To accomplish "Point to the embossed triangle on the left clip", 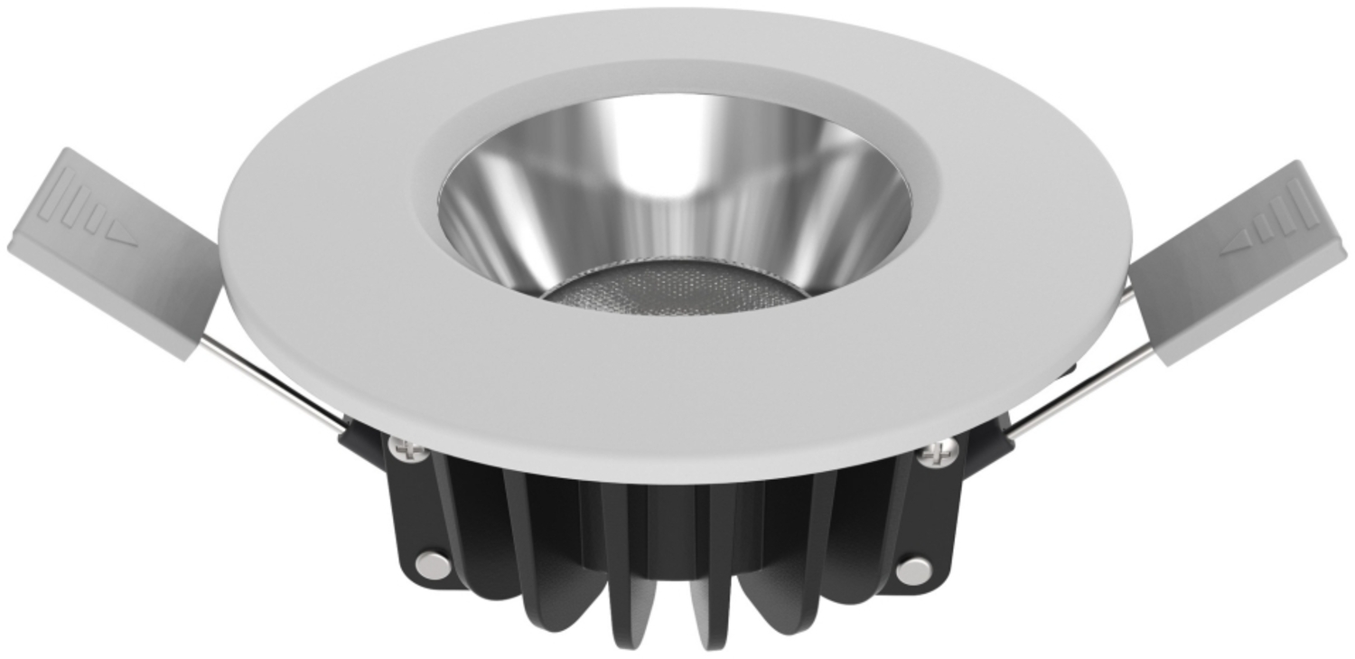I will [x=122, y=239].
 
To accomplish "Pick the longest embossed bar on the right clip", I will [x=1302, y=202].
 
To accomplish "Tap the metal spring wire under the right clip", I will [x=1075, y=389].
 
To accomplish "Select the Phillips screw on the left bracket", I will [x=406, y=446].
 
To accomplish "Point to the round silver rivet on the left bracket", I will [x=433, y=562].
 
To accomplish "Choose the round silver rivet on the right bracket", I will [x=913, y=569].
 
